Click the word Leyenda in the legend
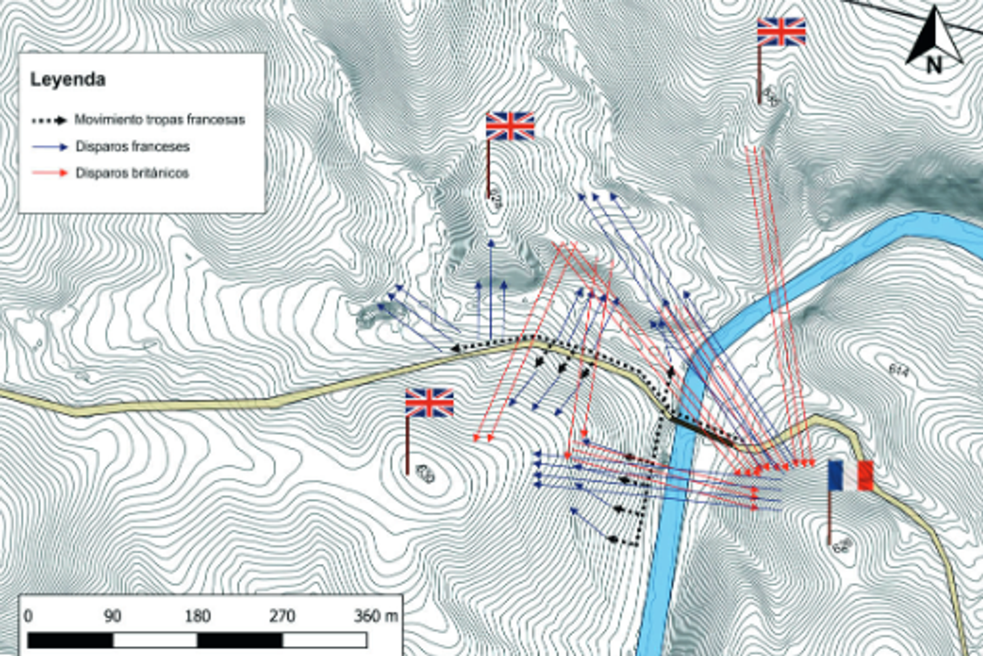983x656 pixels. click(68, 80)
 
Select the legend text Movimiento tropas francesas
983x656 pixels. click(160, 120)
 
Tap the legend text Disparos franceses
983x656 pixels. click(133, 146)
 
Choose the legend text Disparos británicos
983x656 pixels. click(132, 173)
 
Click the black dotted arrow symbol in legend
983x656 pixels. click(50, 121)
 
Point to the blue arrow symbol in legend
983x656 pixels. click(50, 147)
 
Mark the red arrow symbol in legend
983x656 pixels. click(50, 173)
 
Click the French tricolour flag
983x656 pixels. click(850, 476)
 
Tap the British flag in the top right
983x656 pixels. click(781, 32)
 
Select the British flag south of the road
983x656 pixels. click(429, 403)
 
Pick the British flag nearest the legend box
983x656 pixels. click(510, 126)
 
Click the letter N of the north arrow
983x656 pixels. click(934, 65)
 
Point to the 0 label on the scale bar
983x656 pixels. click(28, 616)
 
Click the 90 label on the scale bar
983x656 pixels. click(113, 616)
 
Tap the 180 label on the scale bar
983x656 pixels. click(197, 616)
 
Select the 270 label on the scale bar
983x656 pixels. click(282, 616)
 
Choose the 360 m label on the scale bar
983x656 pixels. click(375, 616)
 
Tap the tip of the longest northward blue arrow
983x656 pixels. click(491, 242)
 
